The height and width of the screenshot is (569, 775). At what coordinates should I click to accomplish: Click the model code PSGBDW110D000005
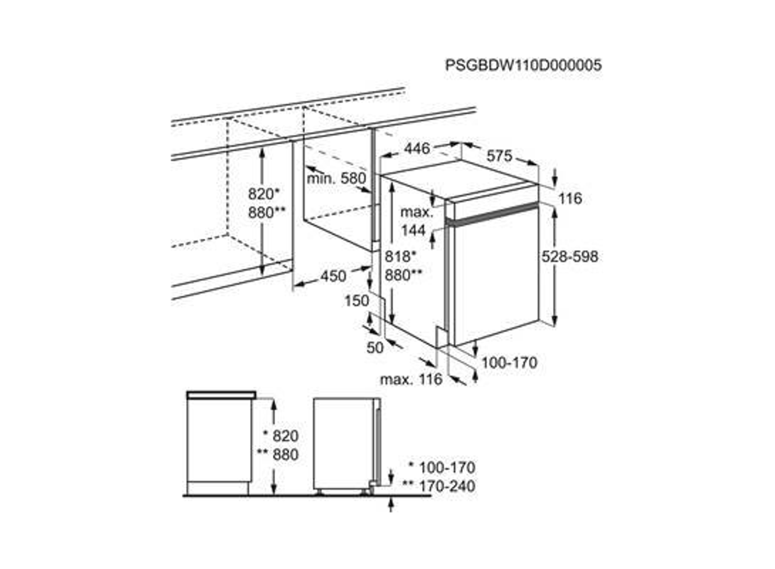coord(523,65)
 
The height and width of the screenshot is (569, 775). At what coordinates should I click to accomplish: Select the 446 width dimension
coord(417,148)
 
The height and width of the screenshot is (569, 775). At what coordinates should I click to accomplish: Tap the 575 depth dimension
coord(499,156)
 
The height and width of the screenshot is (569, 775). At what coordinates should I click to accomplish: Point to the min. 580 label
coord(336,179)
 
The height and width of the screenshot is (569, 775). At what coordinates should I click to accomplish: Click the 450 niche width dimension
coord(333,276)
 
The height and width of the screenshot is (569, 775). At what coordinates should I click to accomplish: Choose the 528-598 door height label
coord(570,257)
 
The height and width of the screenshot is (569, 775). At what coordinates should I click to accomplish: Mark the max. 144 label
coord(416,221)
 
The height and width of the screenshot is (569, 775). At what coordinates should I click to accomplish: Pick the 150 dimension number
coord(357,301)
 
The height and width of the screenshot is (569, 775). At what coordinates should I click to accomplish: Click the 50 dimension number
coord(375,348)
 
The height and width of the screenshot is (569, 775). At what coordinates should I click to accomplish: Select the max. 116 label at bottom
coord(411,379)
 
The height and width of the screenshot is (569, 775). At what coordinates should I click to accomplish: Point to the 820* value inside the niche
coord(264,194)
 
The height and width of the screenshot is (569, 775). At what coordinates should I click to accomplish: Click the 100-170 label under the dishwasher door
coord(509,363)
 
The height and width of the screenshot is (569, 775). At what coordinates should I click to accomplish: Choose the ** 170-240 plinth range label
coord(439,486)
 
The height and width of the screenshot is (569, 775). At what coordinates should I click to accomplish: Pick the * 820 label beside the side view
coord(281,436)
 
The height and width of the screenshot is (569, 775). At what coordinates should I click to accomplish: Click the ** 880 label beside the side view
coord(277,454)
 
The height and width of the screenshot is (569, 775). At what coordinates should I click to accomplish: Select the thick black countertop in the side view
coord(221,395)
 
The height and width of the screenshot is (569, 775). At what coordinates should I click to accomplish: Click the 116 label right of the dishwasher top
coord(571,199)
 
